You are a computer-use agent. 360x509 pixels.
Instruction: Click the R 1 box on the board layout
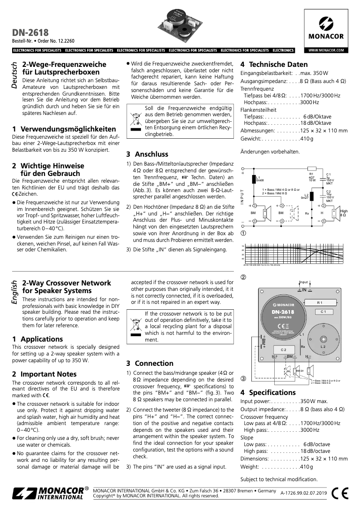320,303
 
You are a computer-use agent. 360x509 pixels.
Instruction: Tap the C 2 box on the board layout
283,349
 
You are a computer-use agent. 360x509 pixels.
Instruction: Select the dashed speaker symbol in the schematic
295,211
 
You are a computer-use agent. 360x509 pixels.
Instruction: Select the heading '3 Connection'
149,363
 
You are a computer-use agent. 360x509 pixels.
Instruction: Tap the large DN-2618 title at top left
30,32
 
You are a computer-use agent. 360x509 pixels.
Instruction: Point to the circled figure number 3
244,378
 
